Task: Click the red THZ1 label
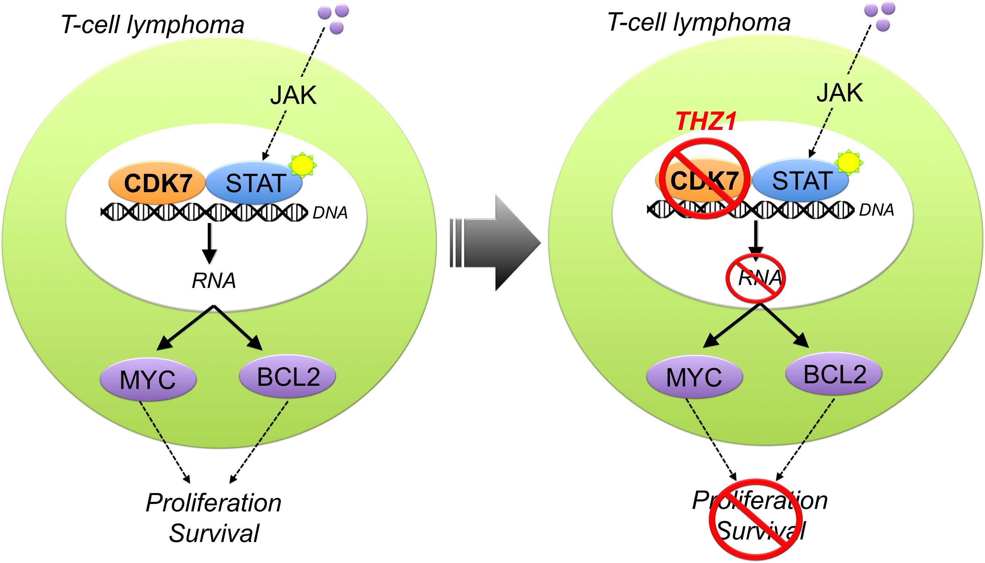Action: tap(706, 121)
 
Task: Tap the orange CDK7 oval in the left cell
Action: tap(157, 183)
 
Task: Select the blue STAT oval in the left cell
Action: tap(254, 183)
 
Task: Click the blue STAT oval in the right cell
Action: tap(801, 180)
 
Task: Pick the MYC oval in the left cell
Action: tap(148, 379)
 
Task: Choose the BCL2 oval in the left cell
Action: tap(287, 376)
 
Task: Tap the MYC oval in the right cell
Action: tap(695, 377)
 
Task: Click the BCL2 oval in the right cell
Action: tap(834, 374)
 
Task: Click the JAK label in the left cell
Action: tap(294, 95)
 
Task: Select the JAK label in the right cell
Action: tap(840, 93)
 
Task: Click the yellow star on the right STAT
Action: tap(849, 162)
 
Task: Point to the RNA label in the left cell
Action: tap(214, 280)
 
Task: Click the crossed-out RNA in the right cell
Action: tap(755, 278)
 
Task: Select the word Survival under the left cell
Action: tap(214, 533)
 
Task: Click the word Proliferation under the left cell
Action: tap(214, 503)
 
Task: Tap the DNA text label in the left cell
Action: tap(330, 213)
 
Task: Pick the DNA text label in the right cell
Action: tap(876, 210)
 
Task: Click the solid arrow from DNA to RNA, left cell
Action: tap(209, 244)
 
